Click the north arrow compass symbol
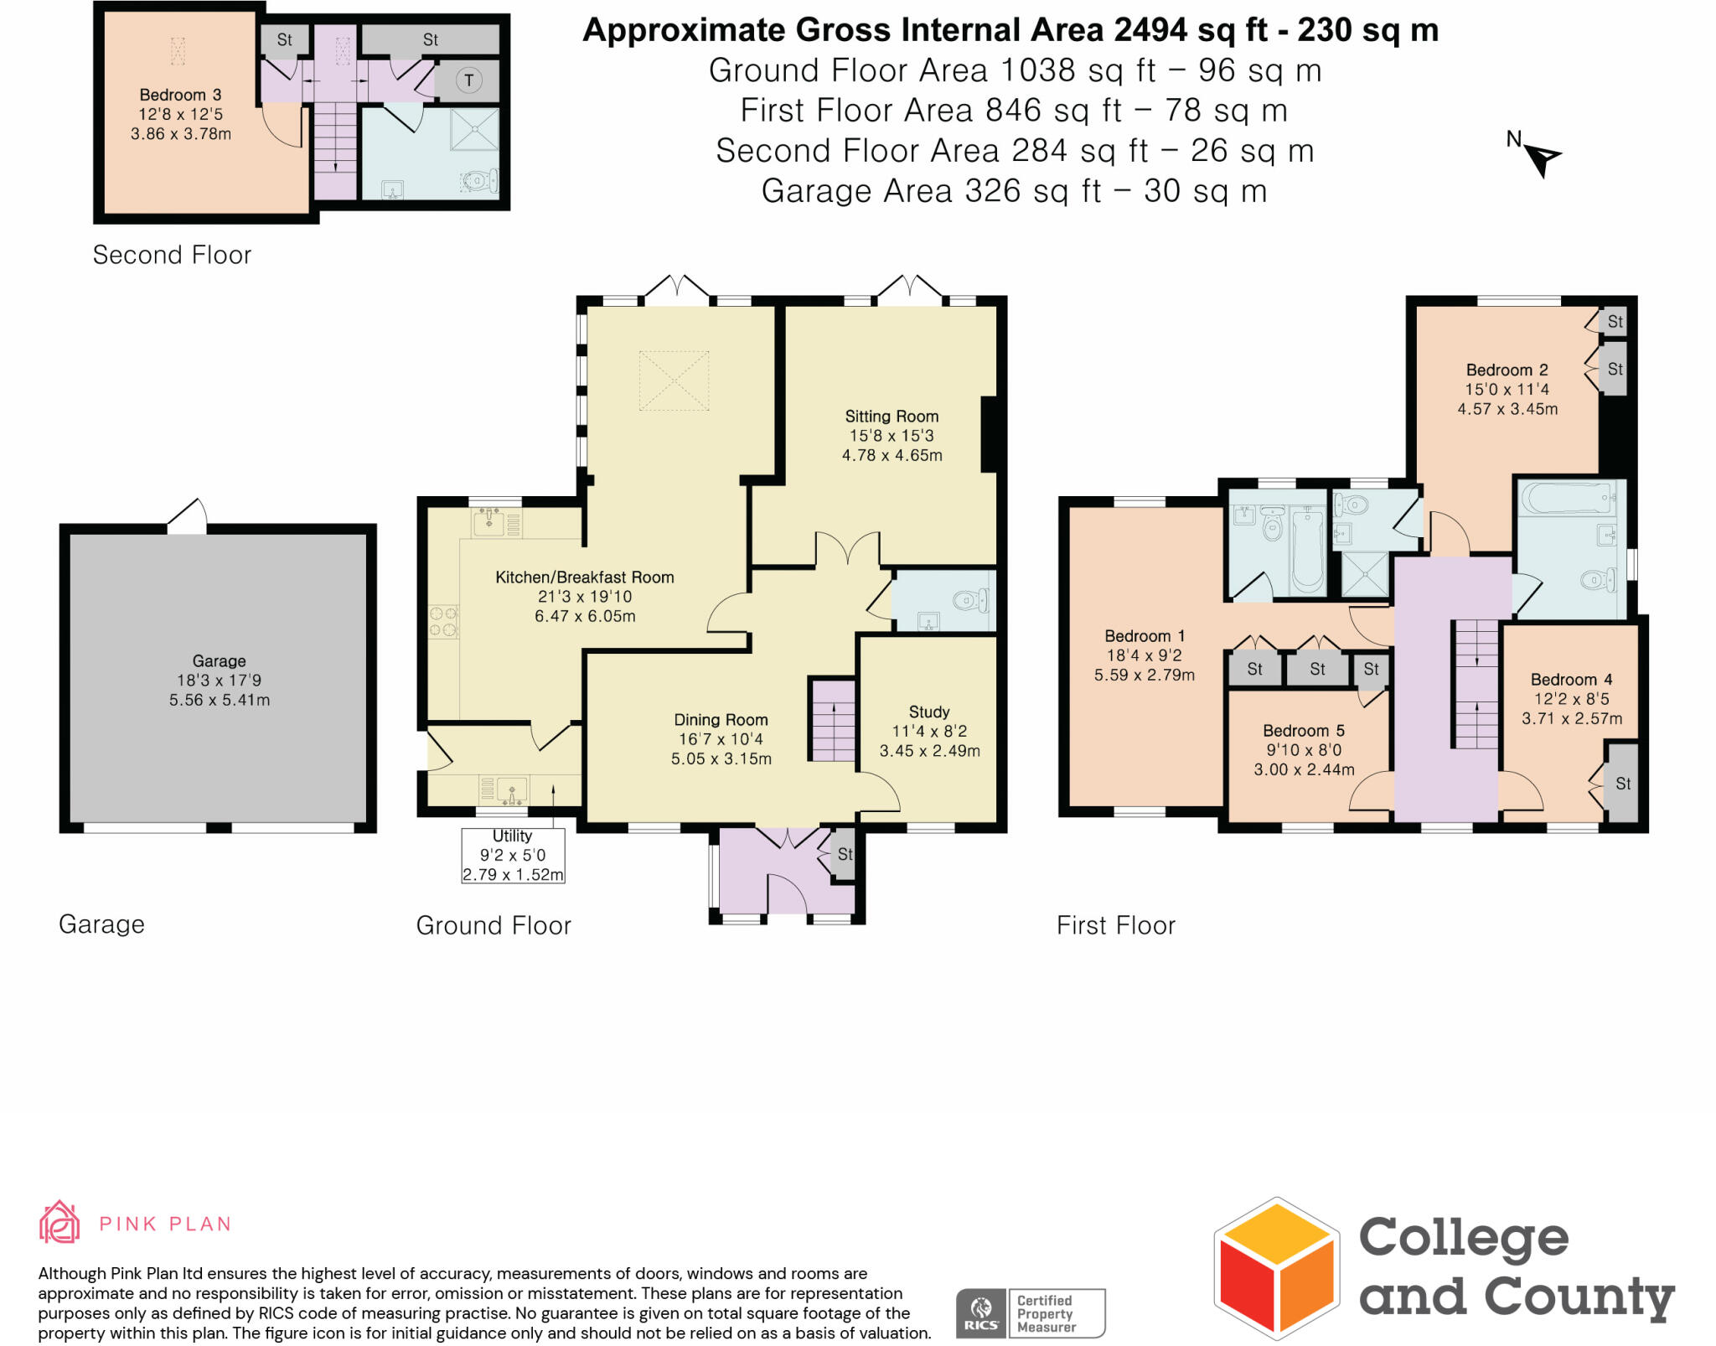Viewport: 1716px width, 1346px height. [x=1540, y=155]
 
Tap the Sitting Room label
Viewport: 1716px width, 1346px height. [x=892, y=417]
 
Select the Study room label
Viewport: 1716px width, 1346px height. [x=929, y=712]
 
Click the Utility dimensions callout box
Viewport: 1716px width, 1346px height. [x=513, y=855]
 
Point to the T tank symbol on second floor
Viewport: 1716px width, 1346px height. [x=468, y=81]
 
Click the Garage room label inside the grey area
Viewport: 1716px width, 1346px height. [x=219, y=661]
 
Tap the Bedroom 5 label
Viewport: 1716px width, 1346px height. [x=1304, y=731]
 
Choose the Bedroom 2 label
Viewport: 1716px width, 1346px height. [x=1507, y=370]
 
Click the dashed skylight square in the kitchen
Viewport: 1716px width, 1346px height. [x=674, y=381]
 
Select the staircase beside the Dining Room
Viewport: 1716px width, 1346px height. [x=833, y=720]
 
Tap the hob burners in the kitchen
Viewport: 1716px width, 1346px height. [x=443, y=622]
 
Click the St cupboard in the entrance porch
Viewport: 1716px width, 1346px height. [x=845, y=854]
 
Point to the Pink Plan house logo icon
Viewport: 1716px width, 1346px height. [x=59, y=1222]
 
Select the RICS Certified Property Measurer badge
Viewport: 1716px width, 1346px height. [x=1031, y=1313]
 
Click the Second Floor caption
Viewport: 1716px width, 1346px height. [x=172, y=255]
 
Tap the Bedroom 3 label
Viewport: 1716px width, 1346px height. [x=180, y=95]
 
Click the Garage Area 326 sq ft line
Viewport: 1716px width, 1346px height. [x=1014, y=191]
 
